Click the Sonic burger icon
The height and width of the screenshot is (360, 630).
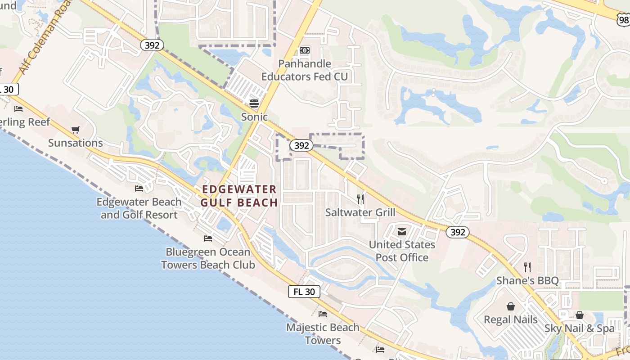click(x=254, y=103)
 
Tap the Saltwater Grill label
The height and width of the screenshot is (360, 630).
click(x=360, y=212)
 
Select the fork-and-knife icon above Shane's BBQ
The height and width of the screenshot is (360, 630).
click(x=527, y=267)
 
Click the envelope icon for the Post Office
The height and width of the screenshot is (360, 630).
click(x=402, y=232)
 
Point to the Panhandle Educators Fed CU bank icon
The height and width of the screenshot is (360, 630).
click(x=305, y=50)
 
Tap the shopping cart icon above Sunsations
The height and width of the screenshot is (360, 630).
click(x=76, y=130)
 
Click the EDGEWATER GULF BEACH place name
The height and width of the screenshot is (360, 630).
click(x=239, y=196)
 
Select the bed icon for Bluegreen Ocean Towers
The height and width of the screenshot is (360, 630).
click(x=207, y=238)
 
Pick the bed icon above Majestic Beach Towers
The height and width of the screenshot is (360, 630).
click(x=323, y=314)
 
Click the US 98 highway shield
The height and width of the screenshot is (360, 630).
click(x=623, y=18)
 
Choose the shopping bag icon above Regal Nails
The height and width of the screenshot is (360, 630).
click(x=511, y=306)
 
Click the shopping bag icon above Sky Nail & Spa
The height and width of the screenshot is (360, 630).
click(x=580, y=315)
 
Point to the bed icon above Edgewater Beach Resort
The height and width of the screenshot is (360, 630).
click(x=139, y=188)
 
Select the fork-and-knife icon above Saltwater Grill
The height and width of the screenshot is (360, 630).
click(x=360, y=199)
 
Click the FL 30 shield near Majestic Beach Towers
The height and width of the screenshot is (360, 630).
click(x=304, y=292)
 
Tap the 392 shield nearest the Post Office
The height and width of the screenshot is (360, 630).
click(x=458, y=232)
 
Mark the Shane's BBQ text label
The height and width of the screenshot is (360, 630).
click(x=527, y=281)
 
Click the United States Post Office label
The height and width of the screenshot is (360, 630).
click(x=402, y=251)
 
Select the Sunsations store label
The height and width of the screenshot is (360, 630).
click(x=76, y=143)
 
